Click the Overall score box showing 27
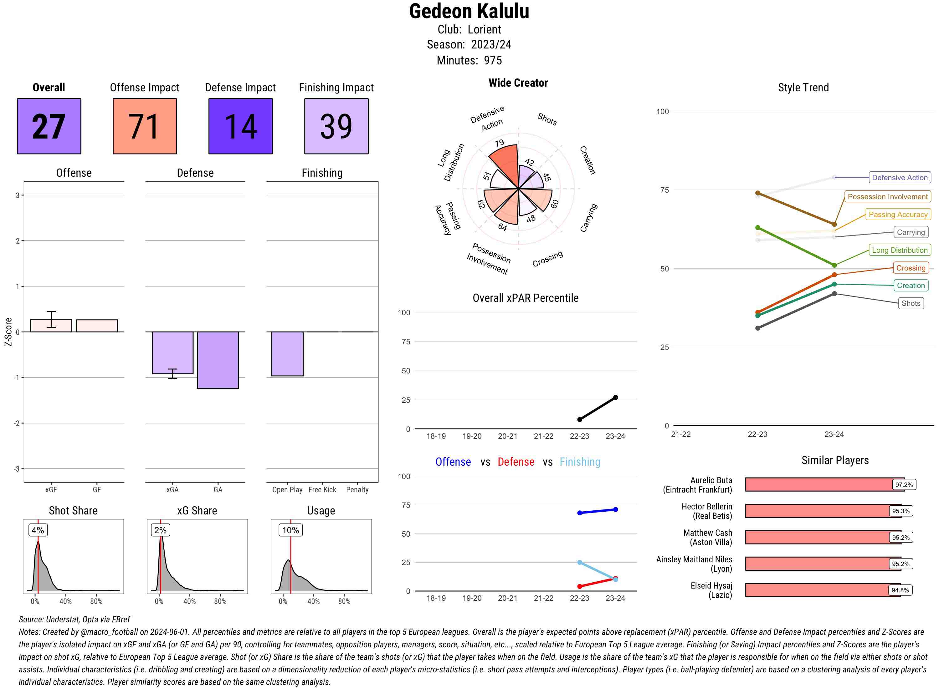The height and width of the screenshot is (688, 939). (49, 126)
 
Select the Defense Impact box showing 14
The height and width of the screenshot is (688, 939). (240, 126)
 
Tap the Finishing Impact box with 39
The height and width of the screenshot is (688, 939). (336, 126)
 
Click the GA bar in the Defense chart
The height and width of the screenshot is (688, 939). (218, 360)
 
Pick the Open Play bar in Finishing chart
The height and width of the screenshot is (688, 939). (287, 354)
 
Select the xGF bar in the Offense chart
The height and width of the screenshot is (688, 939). (51, 326)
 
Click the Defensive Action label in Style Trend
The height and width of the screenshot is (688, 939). (900, 177)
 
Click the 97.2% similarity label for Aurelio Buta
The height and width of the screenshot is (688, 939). (904, 485)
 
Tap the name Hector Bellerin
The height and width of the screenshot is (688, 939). (706, 506)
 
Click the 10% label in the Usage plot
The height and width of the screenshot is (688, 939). (290, 530)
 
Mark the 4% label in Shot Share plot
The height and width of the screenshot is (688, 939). (38, 530)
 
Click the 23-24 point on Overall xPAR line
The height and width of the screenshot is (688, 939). (616, 398)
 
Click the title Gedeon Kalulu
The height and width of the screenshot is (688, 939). (469, 11)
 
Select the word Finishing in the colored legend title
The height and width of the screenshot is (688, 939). (580, 462)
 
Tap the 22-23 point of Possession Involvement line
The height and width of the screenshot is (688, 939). (758, 193)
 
